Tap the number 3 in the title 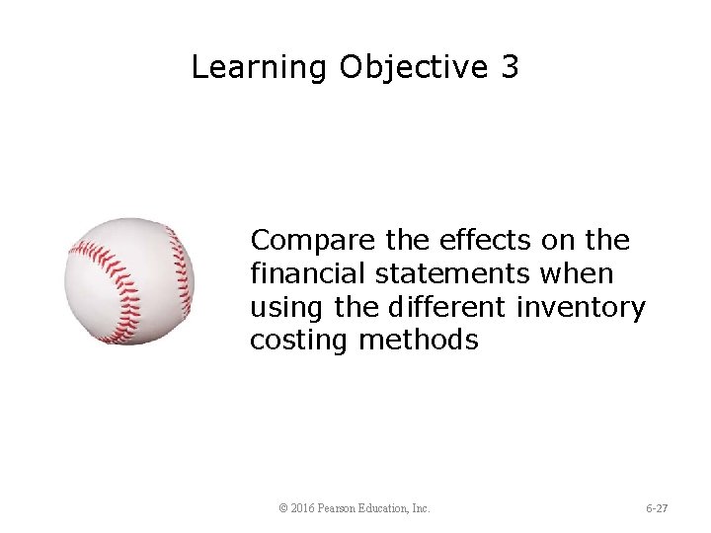pos(510,67)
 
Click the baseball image pos(129,281)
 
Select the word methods pos(419,341)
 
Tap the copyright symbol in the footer pos(283,508)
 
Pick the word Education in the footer pos(386,508)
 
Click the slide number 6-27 pos(657,508)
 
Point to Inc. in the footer pos(421,508)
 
